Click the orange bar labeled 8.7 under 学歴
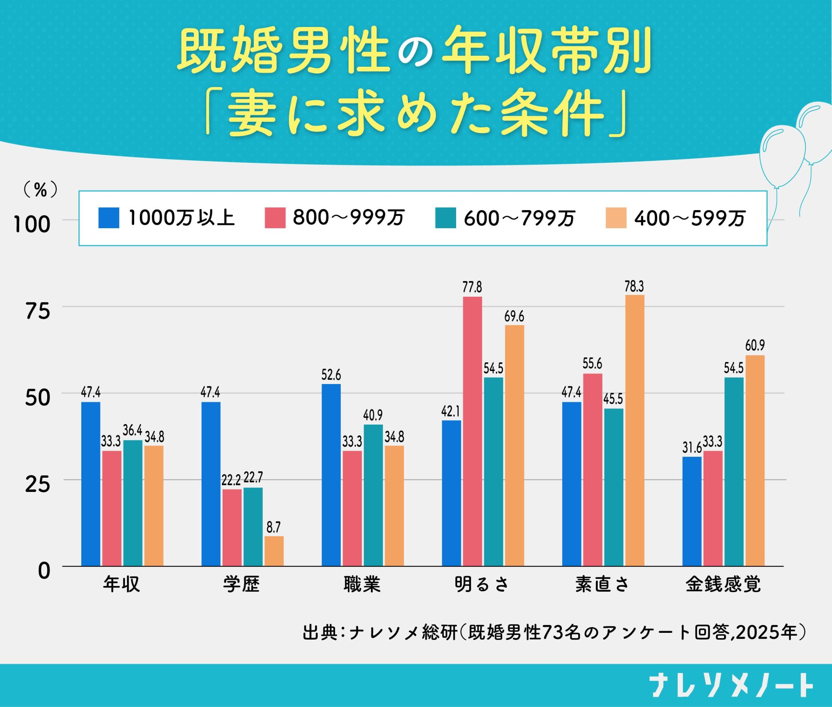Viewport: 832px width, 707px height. (x=274, y=551)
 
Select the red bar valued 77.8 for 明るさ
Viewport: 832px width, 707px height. (x=472, y=431)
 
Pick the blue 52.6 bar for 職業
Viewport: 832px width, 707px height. (x=331, y=475)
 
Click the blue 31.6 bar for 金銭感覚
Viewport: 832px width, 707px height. (x=692, y=511)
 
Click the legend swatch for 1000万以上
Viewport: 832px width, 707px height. (x=109, y=218)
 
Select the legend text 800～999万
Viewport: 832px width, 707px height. (x=349, y=218)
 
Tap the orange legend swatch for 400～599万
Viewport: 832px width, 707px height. (x=616, y=218)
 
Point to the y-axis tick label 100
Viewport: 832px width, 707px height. (x=32, y=225)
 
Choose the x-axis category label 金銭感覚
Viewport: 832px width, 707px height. (x=723, y=584)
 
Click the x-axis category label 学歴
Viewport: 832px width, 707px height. (x=242, y=584)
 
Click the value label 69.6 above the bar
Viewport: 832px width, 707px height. (x=515, y=317)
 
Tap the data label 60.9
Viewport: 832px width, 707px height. (x=755, y=345)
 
